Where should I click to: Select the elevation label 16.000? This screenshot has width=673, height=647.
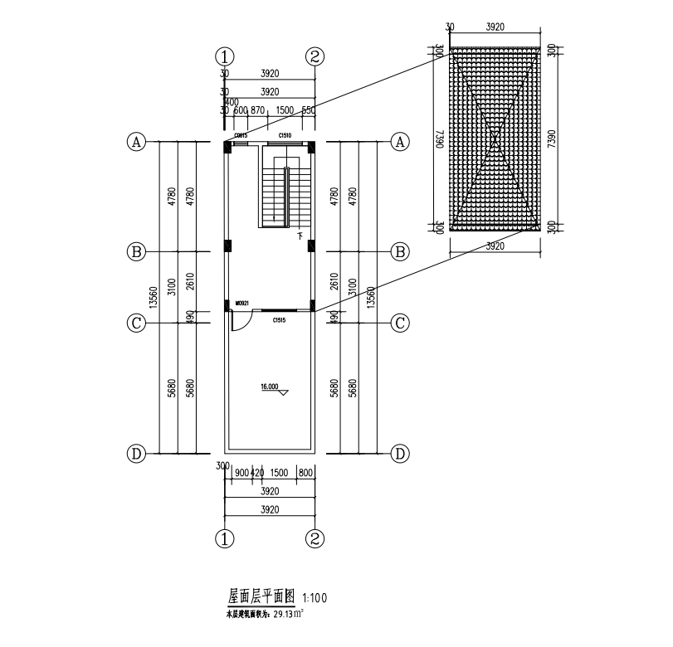pyautogui.click(x=271, y=387)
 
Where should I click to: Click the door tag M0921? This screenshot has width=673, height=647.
pyautogui.click(x=243, y=304)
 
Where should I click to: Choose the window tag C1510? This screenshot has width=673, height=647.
pyautogui.click(x=285, y=134)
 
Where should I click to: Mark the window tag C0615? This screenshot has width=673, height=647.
pyautogui.click(x=241, y=134)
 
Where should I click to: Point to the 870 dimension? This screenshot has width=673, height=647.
pyautogui.click(x=257, y=110)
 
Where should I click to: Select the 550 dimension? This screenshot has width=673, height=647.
pyautogui.click(x=308, y=110)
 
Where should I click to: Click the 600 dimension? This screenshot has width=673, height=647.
pyautogui.click(x=241, y=110)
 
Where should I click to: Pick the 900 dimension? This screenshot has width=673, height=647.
pyautogui.click(x=241, y=472)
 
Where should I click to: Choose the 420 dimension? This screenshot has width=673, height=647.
pyautogui.click(x=257, y=472)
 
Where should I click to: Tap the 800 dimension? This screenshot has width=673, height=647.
pyautogui.click(x=305, y=472)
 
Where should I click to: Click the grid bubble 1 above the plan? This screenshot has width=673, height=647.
pyautogui.click(x=225, y=56)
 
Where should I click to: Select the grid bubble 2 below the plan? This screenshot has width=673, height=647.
pyautogui.click(x=315, y=539)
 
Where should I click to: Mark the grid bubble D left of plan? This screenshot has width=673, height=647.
pyautogui.click(x=136, y=453)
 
